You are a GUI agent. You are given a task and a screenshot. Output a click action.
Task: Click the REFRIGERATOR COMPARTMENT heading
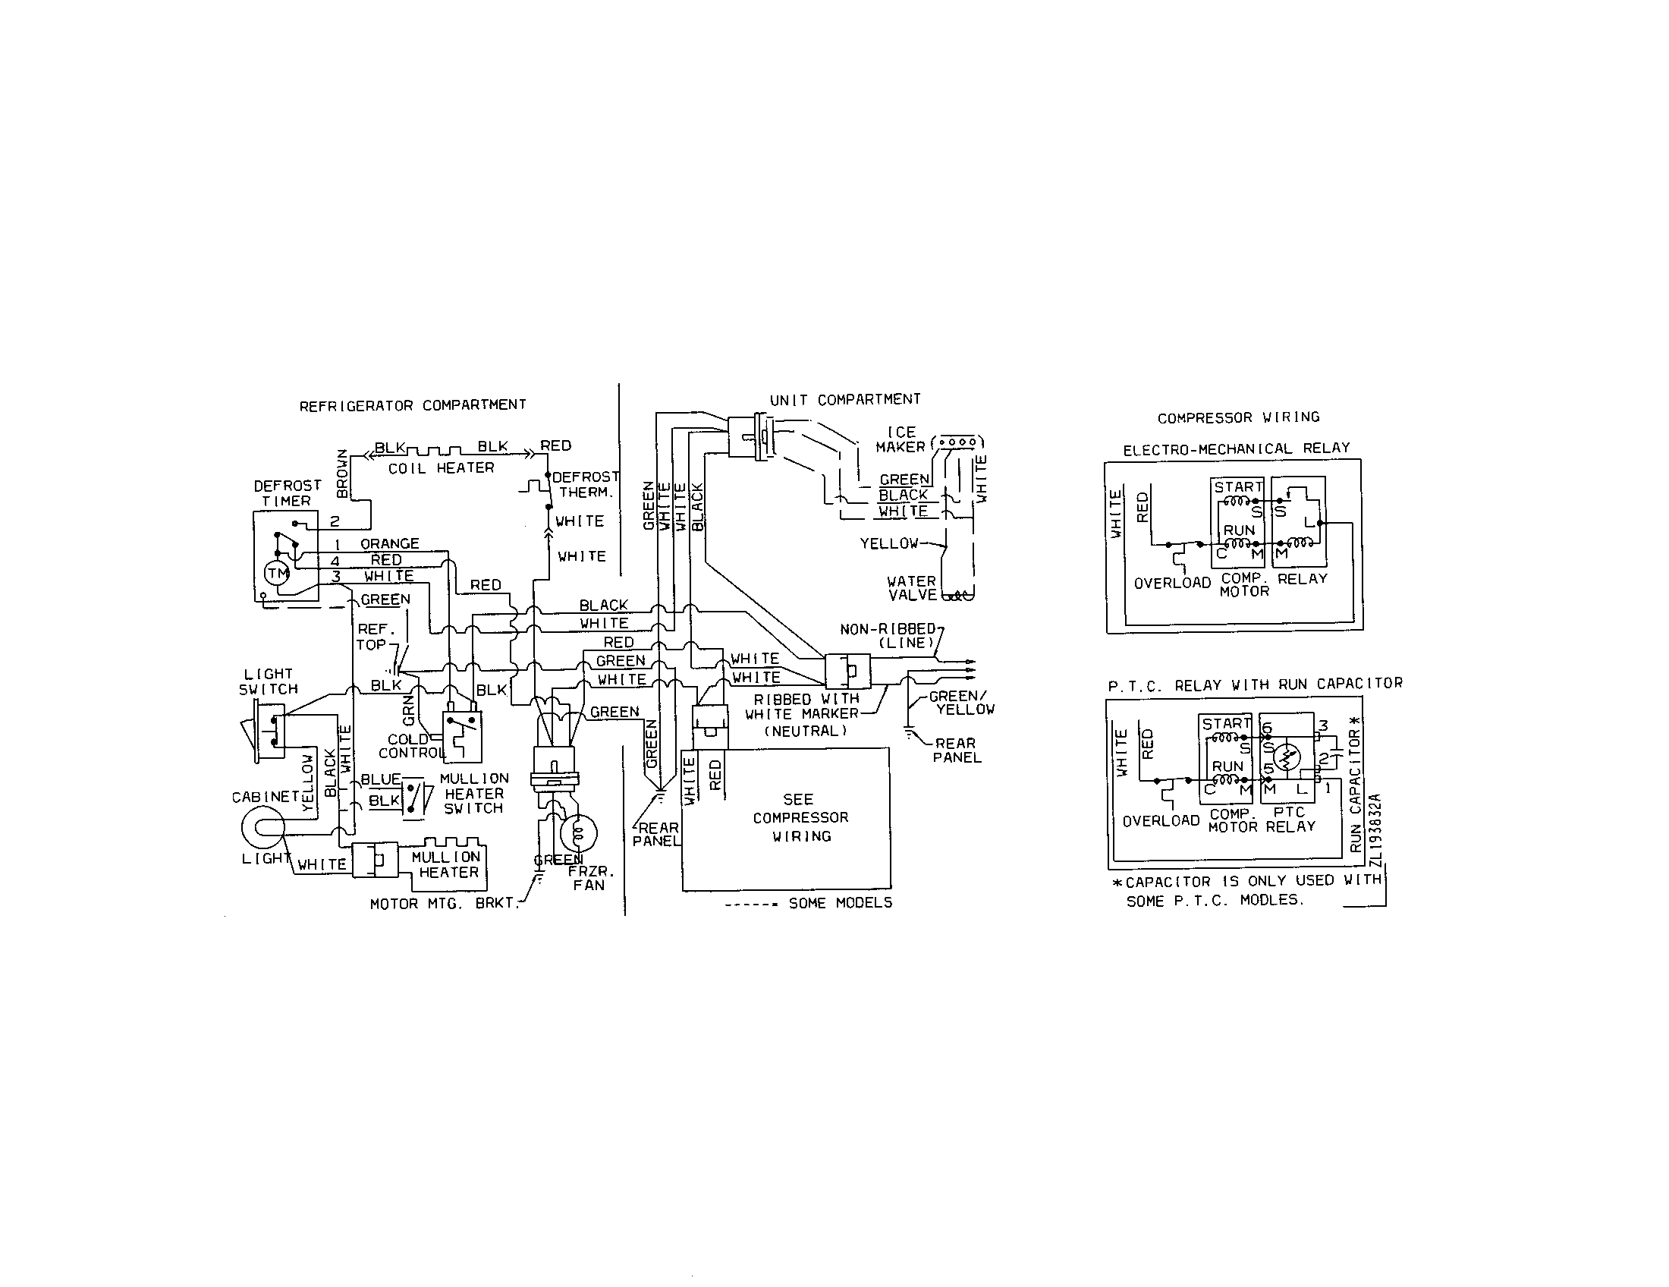[413, 405]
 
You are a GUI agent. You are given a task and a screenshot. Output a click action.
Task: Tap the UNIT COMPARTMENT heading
[844, 400]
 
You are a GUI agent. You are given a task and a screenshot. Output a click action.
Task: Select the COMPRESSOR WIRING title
[1238, 417]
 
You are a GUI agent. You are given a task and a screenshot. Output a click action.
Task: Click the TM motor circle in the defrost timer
[277, 573]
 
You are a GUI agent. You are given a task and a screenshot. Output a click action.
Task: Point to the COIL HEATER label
[441, 467]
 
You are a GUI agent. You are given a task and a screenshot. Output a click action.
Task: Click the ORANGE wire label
[390, 543]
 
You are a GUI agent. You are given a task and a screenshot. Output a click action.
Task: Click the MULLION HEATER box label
[447, 864]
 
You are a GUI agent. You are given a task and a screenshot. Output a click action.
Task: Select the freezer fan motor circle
[579, 833]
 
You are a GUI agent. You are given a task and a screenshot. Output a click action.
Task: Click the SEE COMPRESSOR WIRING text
[800, 818]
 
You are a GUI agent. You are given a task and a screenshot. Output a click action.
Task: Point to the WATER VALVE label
[912, 587]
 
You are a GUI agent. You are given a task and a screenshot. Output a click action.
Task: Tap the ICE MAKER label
[901, 439]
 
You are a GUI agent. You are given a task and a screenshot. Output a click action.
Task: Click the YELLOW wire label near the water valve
[889, 543]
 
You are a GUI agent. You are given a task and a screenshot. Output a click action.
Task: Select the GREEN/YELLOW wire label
[960, 703]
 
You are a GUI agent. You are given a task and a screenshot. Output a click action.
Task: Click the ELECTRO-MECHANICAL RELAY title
[1236, 448]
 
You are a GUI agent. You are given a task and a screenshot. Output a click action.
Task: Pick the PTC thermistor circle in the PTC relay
[1287, 757]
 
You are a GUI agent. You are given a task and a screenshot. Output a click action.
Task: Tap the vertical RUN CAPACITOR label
[1356, 791]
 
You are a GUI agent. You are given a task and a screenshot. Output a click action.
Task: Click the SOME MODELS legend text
[840, 902]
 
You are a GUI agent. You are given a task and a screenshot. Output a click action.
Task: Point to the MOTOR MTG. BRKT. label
[444, 904]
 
